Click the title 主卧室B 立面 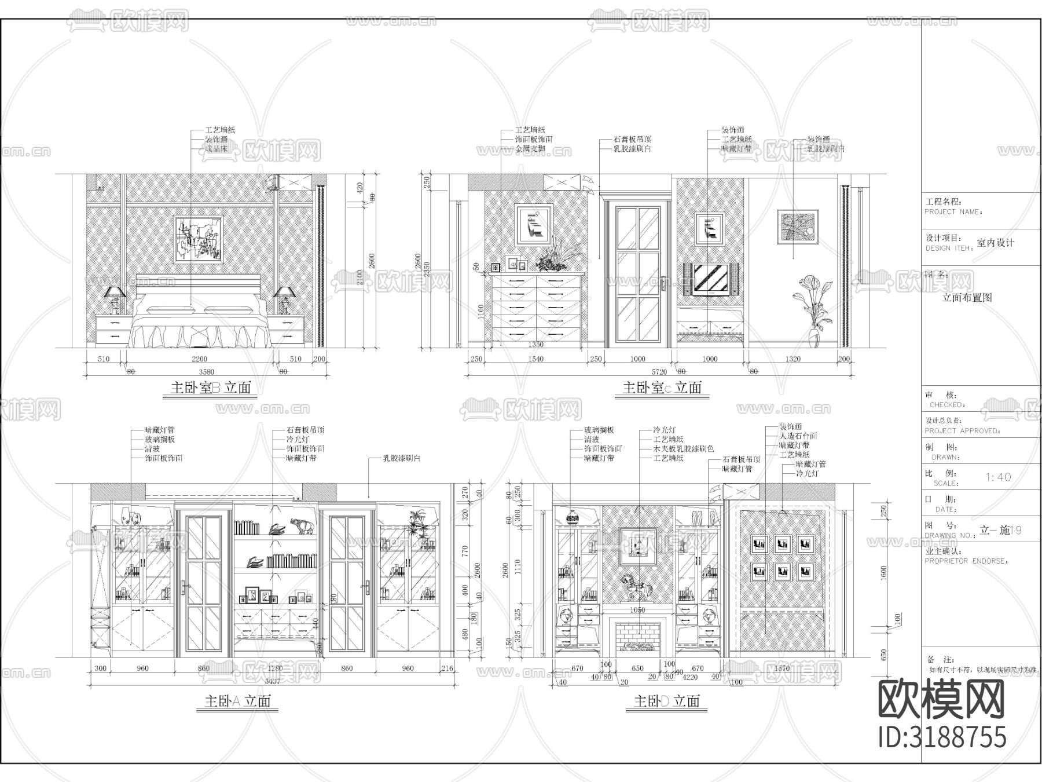coord(211,388)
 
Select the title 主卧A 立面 coord(237,701)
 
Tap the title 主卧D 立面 coord(667,701)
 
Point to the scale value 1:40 coord(998,477)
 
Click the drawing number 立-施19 coord(1000,530)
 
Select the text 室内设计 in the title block coord(996,243)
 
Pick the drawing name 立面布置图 coord(967,297)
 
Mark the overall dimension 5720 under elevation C coord(659,372)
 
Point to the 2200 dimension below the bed coord(199,359)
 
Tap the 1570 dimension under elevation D coord(781,668)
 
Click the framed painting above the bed coord(199,239)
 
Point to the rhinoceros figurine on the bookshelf coord(302,525)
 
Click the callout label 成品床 coord(217,149)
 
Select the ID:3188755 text coord(942,737)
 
